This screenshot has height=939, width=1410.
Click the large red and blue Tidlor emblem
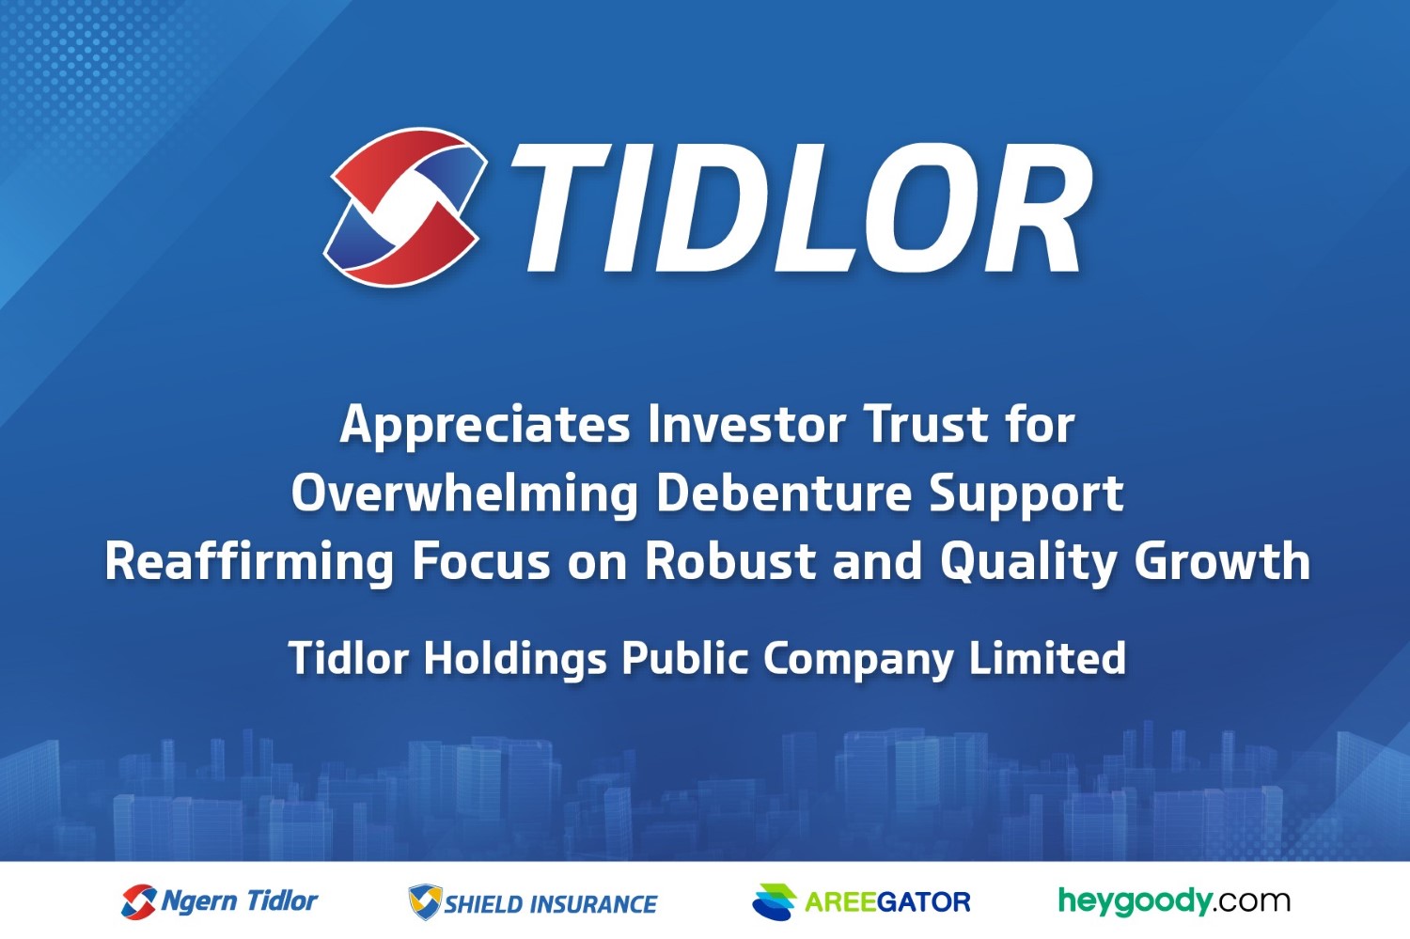pyautogui.click(x=405, y=207)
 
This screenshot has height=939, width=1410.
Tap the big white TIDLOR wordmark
pyautogui.click(x=801, y=209)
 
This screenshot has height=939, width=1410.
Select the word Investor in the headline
pyautogui.click(x=746, y=425)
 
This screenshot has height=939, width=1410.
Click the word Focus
pyautogui.click(x=481, y=561)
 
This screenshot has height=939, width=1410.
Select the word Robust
pyautogui.click(x=730, y=561)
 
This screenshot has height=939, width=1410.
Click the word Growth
pyautogui.click(x=1222, y=561)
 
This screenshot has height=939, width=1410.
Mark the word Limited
pyautogui.click(x=1047, y=658)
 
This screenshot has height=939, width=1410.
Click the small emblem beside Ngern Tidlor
pyautogui.click(x=138, y=901)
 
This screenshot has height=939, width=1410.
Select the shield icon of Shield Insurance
pyautogui.click(x=426, y=901)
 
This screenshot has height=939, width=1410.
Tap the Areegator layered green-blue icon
pyautogui.click(x=775, y=901)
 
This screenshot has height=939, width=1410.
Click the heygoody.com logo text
pyautogui.click(x=1174, y=901)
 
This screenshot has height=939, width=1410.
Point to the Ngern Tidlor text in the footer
pyautogui.click(x=239, y=901)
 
